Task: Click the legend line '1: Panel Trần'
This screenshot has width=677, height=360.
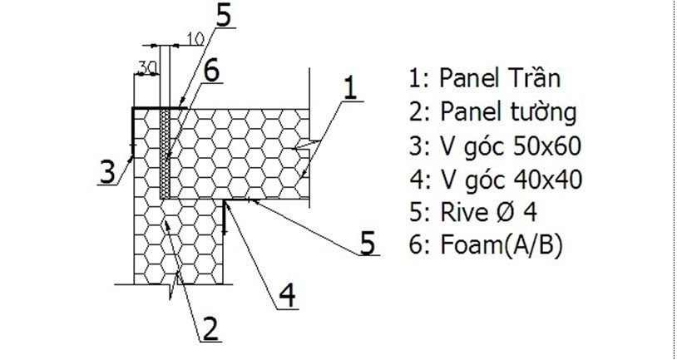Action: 484,79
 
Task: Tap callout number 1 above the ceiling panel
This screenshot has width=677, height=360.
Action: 351,86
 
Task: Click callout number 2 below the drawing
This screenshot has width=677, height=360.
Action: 210,329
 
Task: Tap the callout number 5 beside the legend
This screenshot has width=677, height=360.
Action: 367,243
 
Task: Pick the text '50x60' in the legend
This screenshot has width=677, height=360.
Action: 551,146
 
